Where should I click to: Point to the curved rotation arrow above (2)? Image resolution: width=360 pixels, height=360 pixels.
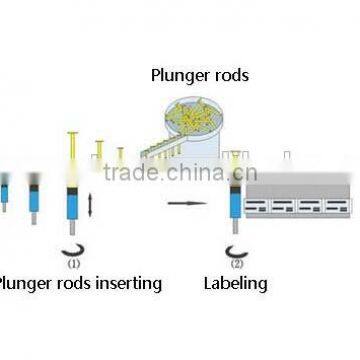click(x=236, y=251)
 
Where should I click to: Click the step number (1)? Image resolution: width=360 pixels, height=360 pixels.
click(x=74, y=265)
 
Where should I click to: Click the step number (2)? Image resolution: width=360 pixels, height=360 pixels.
click(x=237, y=265)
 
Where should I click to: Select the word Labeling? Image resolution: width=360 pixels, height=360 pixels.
click(x=236, y=283)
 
